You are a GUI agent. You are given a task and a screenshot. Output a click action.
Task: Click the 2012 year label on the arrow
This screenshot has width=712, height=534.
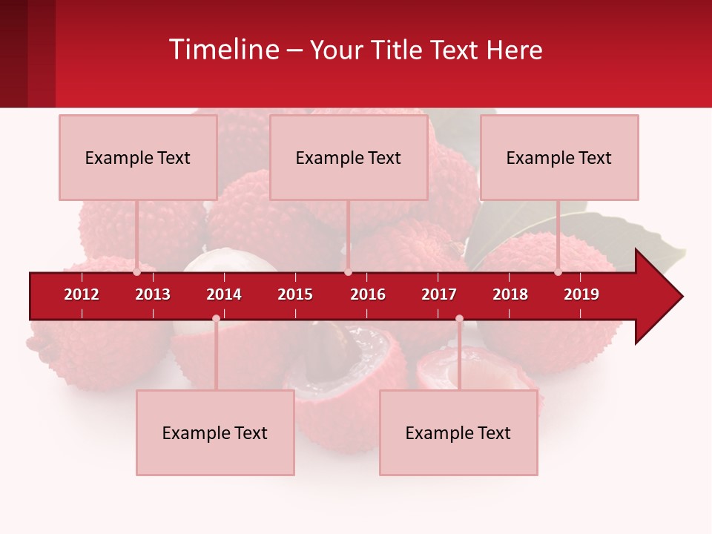[x=82, y=294]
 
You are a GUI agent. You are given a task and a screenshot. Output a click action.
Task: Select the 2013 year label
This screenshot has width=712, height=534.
[x=153, y=294]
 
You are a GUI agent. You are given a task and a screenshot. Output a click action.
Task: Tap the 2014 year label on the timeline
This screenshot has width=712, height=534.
[x=224, y=294]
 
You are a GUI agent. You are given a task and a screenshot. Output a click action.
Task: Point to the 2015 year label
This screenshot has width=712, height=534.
[x=295, y=294]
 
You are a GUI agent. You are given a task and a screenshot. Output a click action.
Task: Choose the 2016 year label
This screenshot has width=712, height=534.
[x=368, y=294]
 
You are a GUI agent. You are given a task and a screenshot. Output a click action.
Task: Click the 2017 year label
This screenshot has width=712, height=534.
[x=439, y=294]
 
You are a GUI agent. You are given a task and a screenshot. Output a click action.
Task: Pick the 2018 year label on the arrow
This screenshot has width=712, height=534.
[x=510, y=294]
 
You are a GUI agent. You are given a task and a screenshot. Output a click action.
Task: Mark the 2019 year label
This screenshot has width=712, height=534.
[x=581, y=294]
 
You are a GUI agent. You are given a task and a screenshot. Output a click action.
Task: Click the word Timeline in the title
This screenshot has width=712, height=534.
[x=223, y=50]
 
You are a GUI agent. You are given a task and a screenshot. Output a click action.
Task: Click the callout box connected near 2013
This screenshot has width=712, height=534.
[x=138, y=157]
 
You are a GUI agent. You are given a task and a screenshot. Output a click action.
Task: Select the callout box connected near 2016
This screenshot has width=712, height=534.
[x=349, y=157]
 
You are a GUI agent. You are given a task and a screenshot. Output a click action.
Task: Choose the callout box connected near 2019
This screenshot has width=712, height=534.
[x=559, y=157]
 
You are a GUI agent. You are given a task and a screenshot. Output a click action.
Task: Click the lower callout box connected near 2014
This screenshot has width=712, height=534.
[x=215, y=432]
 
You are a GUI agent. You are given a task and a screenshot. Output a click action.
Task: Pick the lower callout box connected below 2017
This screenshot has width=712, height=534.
[x=458, y=432]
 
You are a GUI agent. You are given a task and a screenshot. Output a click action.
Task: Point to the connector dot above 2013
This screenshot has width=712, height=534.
[x=137, y=272]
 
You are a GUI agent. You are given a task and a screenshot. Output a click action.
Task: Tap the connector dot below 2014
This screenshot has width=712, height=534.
[x=216, y=318]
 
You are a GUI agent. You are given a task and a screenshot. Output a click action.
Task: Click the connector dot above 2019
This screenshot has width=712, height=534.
[x=558, y=272]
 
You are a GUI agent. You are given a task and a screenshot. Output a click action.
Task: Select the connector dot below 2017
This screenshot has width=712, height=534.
[x=459, y=318]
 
